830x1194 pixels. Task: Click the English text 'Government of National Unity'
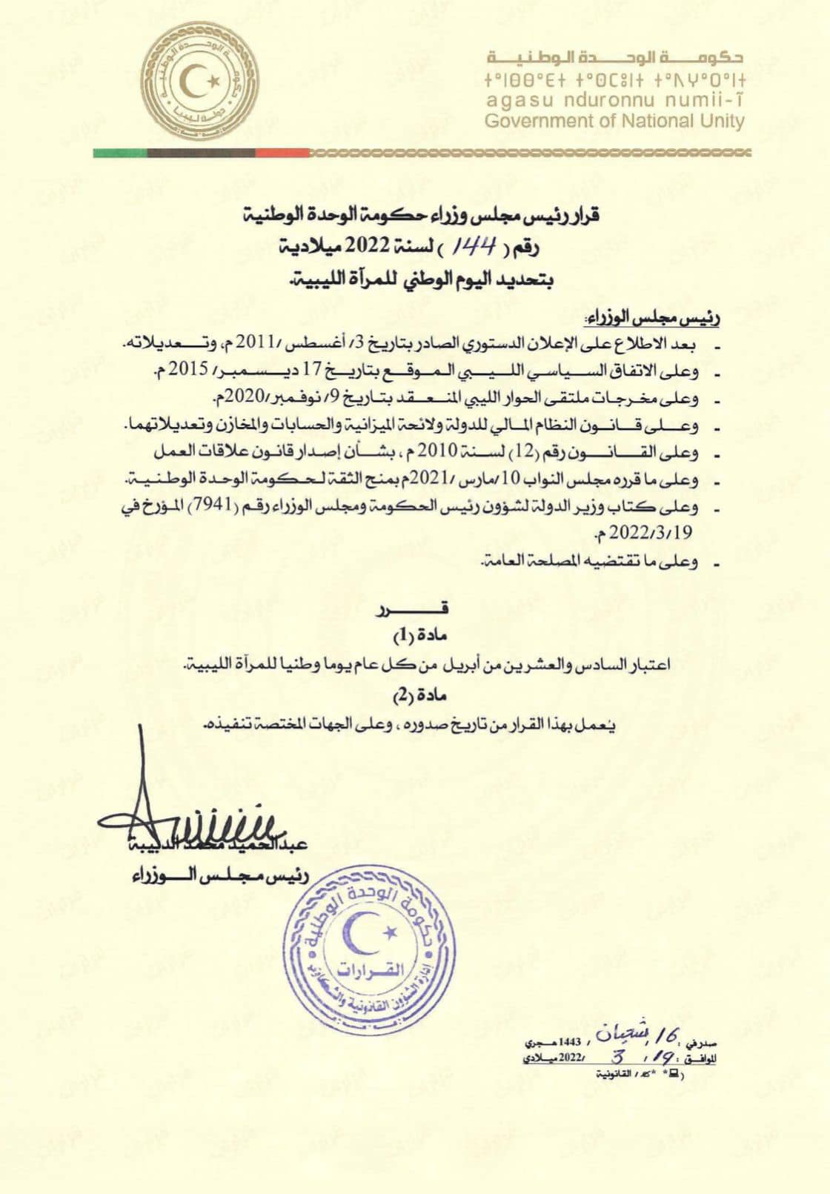pyautogui.click(x=614, y=122)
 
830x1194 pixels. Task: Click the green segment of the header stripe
pyautogui.click(x=120, y=153)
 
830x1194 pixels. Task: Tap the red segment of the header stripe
pyautogui.click(x=282, y=153)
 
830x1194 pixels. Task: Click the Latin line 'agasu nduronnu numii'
pyautogui.click(x=614, y=101)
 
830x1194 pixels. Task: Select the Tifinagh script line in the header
pyautogui.click(x=614, y=81)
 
